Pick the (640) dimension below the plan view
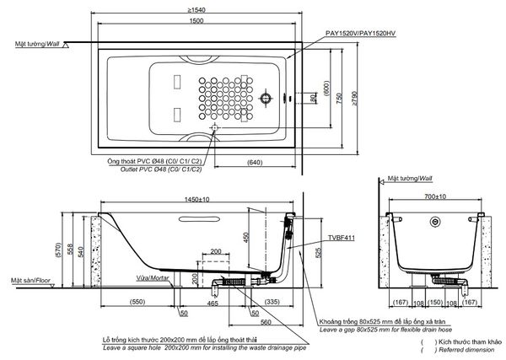(x=255, y=163)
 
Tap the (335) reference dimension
(x=274, y=300)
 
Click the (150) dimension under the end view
(x=436, y=301)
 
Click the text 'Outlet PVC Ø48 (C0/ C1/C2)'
(x=149, y=169)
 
